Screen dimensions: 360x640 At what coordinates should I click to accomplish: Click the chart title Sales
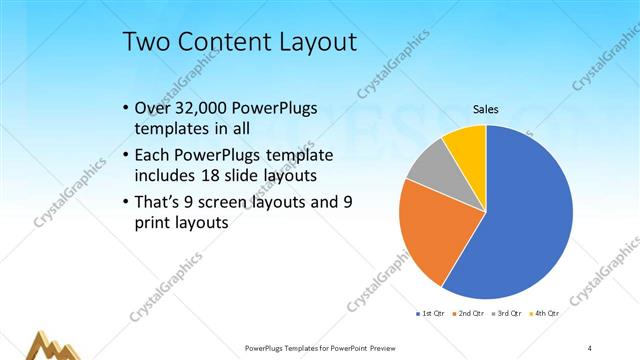(485, 109)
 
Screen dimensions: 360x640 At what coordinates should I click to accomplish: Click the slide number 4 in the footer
(590, 347)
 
